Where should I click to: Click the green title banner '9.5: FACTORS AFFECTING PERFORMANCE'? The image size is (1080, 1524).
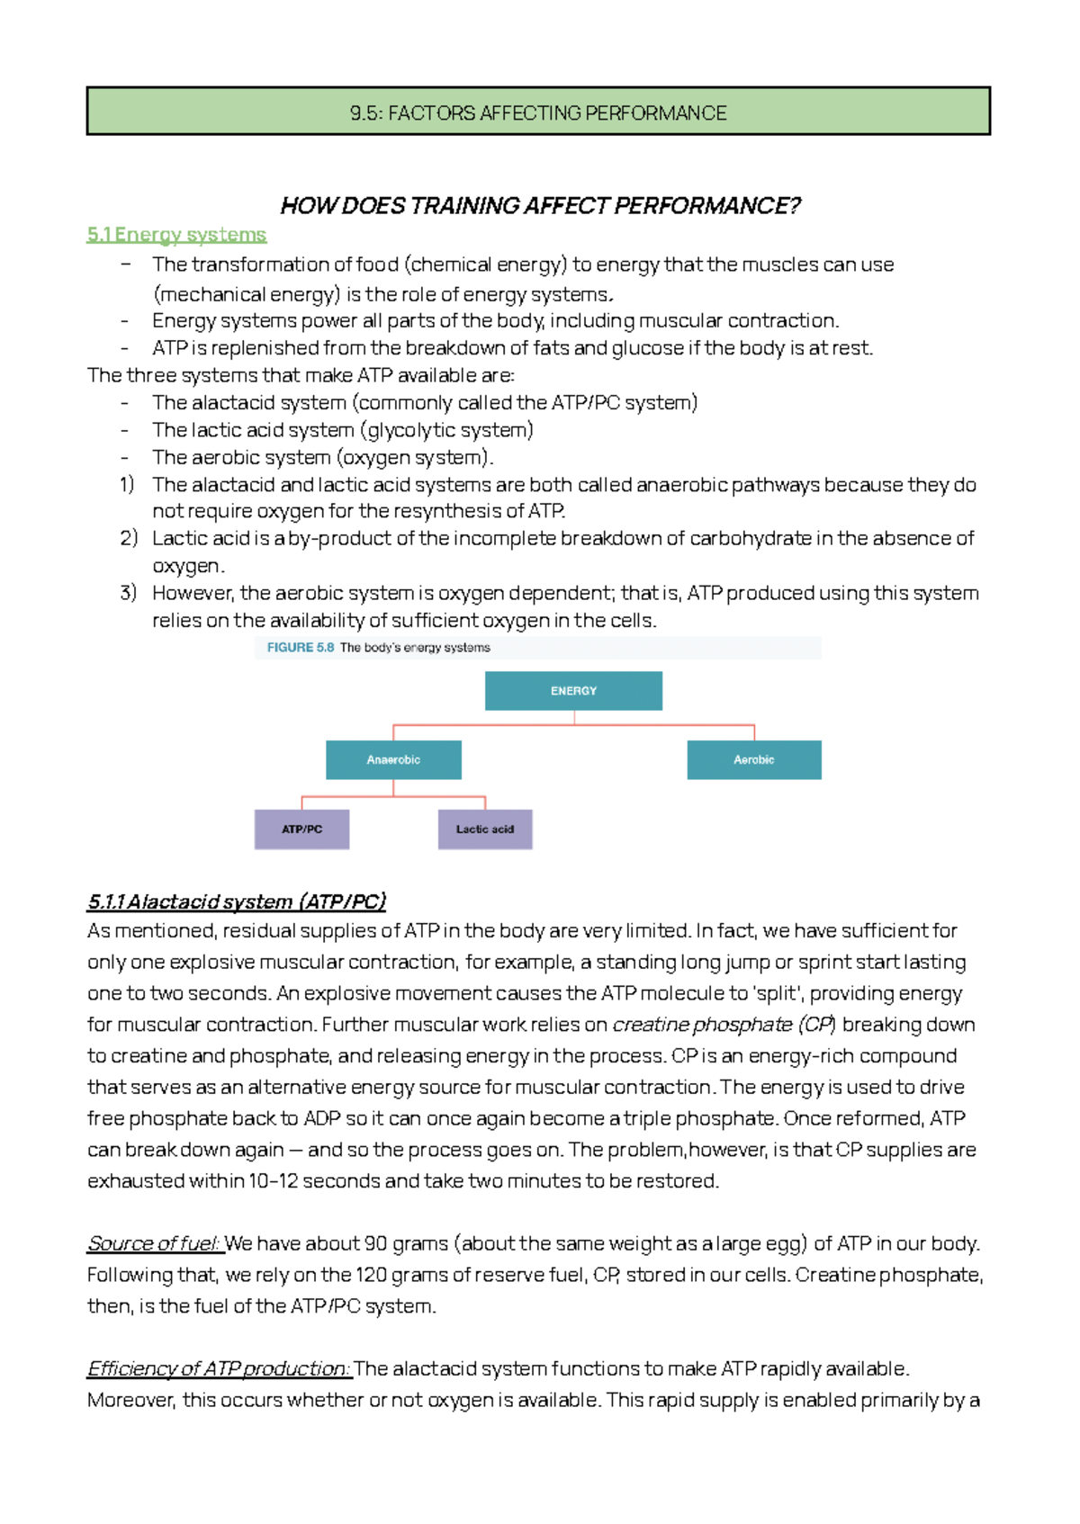pyautogui.click(x=538, y=112)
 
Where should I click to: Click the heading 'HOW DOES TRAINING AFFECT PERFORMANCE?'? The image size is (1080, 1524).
pyautogui.click(x=540, y=206)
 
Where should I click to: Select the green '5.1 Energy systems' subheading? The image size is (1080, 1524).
pyautogui.click(x=176, y=235)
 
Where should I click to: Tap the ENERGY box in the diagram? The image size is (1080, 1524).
pyautogui.click(x=573, y=691)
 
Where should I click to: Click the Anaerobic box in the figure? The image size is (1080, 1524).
pyautogui.click(x=393, y=760)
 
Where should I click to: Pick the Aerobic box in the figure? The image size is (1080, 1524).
pyautogui.click(x=753, y=760)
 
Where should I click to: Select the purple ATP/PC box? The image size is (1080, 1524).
pyautogui.click(x=301, y=829)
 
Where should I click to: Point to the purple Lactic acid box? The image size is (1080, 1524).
pyautogui.click(x=485, y=829)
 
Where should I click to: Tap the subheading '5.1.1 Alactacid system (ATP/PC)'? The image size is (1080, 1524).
pyautogui.click(x=237, y=901)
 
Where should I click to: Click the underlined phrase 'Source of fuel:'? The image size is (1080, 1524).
pyautogui.click(x=154, y=1243)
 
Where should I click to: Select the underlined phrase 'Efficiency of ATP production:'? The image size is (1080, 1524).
pyautogui.click(x=219, y=1368)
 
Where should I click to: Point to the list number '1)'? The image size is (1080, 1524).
pyautogui.click(x=128, y=484)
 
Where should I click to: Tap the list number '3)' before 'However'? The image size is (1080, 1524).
pyautogui.click(x=128, y=593)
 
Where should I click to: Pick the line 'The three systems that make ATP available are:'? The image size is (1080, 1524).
pyautogui.click(x=301, y=375)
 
